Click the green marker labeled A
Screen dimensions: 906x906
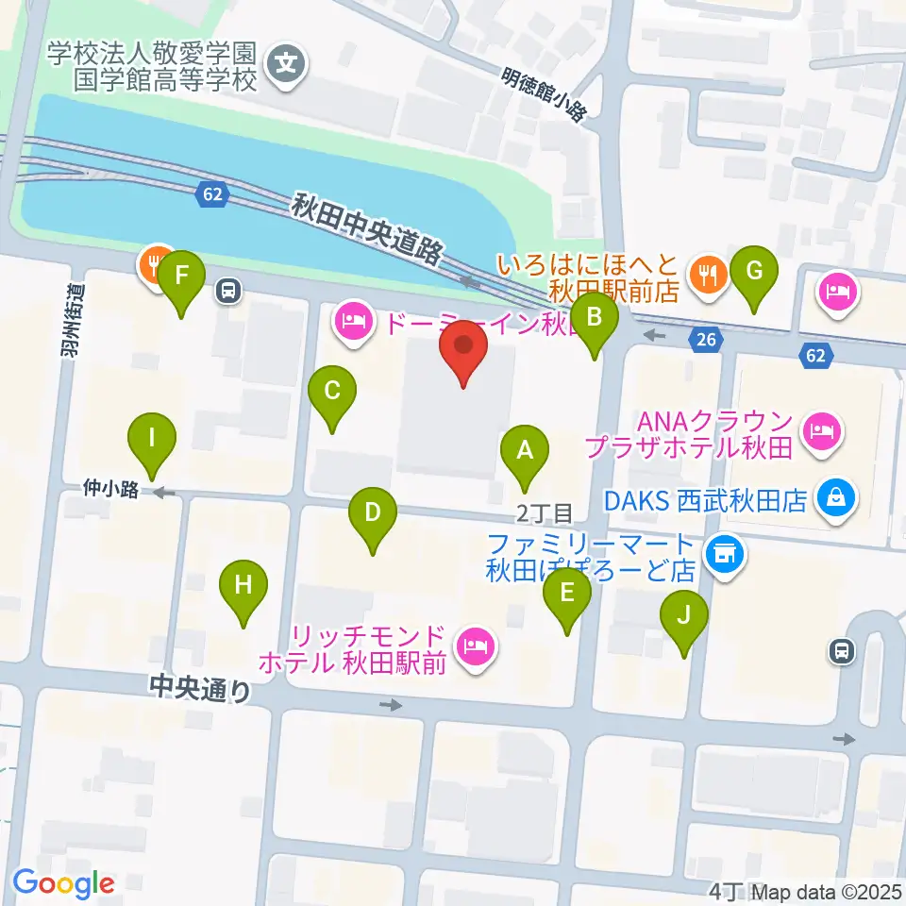click(526, 454)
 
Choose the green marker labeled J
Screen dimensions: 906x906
click(684, 620)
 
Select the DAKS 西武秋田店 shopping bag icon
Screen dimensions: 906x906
click(836, 497)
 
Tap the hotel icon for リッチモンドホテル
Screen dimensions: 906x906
click(474, 646)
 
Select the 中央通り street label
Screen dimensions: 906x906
click(200, 688)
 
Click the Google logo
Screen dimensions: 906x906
click(63, 883)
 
